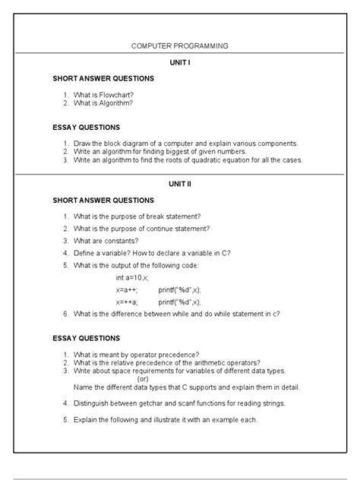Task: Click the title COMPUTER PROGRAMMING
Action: pyautogui.click(x=179, y=46)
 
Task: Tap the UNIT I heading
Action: pyautogui.click(x=179, y=62)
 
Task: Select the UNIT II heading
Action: pyautogui.click(x=179, y=183)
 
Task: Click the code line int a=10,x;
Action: pyautogui.click(x=133, y=278)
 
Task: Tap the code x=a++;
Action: pyautogui.click(x=127, y=290)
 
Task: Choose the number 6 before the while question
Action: pyautogui.click(x=66, y=313)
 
